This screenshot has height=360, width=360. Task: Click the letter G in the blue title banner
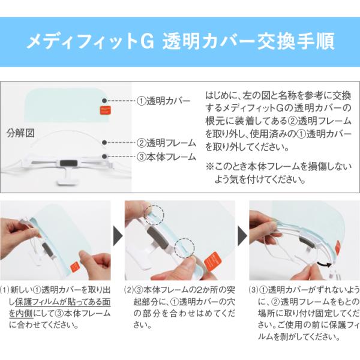click(x=147, y=41)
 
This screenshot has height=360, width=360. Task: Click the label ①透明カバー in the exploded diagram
click(x=163, y=101)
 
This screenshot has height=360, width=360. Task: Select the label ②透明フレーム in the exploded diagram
click(x=166, y=143)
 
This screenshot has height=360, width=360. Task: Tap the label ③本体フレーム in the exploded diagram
click(x=166, y=157)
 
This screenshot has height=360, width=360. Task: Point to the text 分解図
click(x=20, y=133)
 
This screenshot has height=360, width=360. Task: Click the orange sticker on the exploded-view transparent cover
click(x=105, y=110)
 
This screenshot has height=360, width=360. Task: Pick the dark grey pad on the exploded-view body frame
click(x=69, y=163)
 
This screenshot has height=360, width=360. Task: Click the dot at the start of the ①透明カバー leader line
click(x=104, y=101)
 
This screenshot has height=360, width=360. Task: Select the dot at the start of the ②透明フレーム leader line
click(x=104, y=143)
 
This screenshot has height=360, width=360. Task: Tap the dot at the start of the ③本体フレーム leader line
click(x=104, y=157)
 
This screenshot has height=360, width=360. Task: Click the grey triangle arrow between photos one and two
click(x=118, y=236)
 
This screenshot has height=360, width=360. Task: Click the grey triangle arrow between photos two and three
click(x=242, y=236)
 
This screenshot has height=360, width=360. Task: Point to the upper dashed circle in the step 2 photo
click(x=155, y=215)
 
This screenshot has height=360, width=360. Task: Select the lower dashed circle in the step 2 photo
click(x=184, y=248)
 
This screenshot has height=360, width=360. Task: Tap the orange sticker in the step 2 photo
click(x=212, y=262)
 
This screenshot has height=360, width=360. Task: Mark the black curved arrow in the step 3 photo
click(x=324, y=264)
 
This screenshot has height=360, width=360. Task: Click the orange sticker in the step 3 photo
click(x=338, y=248)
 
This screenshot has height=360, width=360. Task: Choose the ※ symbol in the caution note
click(x=209, y=166)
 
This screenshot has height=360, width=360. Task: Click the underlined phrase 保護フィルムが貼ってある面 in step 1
click(x=63, y=302)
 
